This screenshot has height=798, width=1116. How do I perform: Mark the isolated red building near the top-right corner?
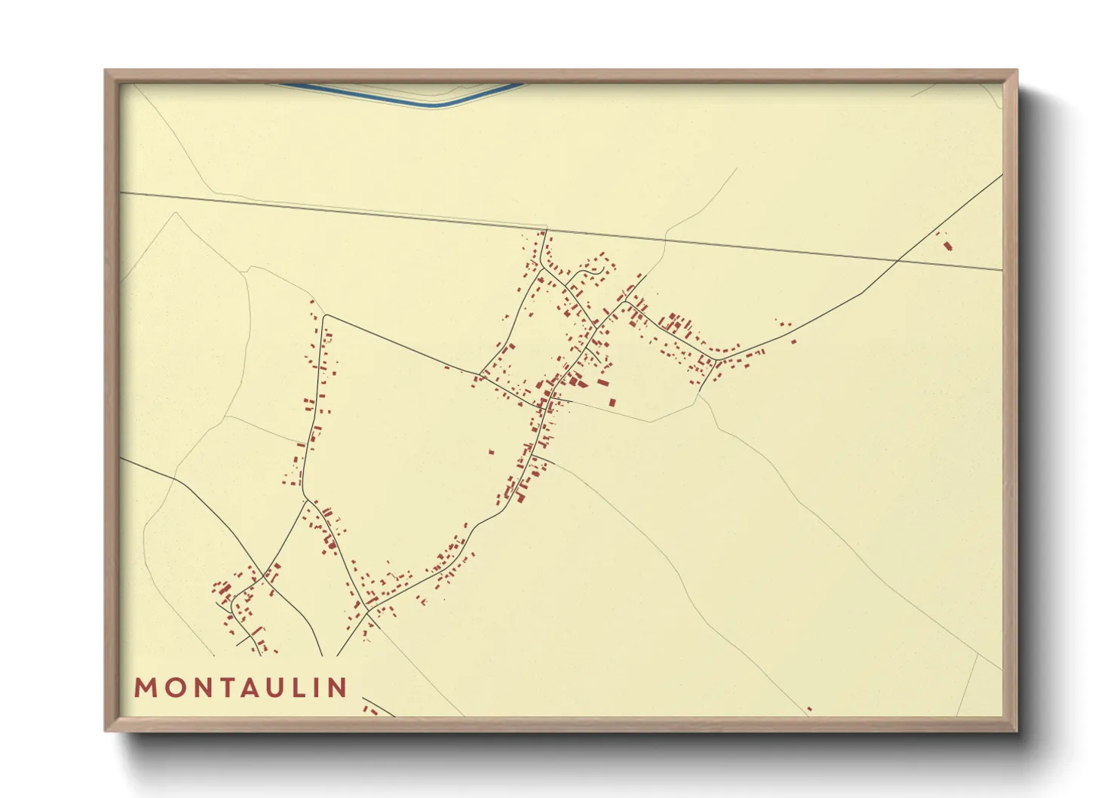947,245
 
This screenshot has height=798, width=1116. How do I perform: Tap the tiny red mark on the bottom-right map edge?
809,709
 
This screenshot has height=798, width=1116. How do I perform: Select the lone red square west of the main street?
491,452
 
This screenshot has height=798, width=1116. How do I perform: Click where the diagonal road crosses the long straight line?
898,260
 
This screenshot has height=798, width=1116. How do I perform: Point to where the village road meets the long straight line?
546,229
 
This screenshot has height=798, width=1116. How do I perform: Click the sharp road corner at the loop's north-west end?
325,315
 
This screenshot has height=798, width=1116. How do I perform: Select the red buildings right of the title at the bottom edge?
370,710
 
